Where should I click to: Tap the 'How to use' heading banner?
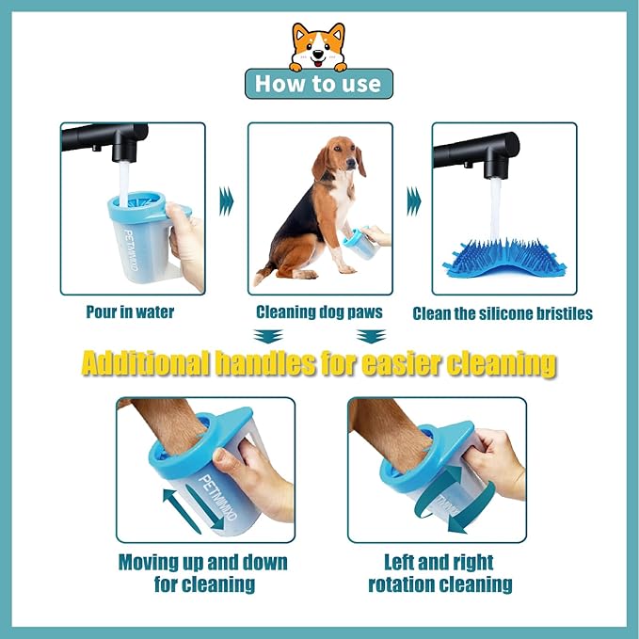[319, 84]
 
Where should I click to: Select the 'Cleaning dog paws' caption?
[319, 312]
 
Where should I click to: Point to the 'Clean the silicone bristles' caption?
[503, 313]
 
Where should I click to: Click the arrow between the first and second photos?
[226, 200]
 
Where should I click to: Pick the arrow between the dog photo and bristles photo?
[412, 200]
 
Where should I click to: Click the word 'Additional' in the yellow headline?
[146, 363]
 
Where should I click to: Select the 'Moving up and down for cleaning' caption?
[202, 573]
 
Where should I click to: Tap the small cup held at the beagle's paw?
[359, 245]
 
